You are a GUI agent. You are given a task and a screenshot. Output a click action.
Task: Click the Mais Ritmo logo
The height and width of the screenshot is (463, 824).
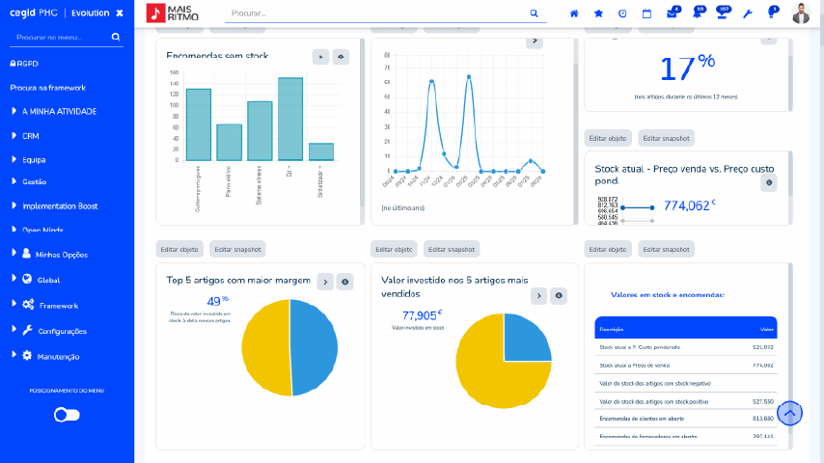175,14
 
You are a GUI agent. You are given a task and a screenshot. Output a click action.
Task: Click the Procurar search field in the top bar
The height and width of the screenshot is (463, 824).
376,14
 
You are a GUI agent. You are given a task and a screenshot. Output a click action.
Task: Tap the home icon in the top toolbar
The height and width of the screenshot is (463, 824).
575,14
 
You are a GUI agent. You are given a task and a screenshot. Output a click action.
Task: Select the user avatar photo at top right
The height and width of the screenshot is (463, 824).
801,14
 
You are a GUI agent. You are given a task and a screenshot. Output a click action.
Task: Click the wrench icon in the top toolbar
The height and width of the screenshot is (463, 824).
747,14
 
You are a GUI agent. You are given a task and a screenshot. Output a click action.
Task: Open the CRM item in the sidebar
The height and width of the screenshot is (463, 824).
31,136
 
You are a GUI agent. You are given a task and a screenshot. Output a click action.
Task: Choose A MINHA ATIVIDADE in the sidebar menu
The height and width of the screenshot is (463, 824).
59,111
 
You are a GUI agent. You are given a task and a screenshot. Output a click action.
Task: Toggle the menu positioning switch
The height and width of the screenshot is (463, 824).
67,415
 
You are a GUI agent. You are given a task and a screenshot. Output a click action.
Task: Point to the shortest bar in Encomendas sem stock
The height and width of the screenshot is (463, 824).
321,151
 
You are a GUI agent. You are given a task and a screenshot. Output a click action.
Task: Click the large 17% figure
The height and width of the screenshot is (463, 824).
687,68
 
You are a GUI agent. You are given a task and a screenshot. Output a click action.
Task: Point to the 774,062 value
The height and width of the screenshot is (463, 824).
687,205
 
